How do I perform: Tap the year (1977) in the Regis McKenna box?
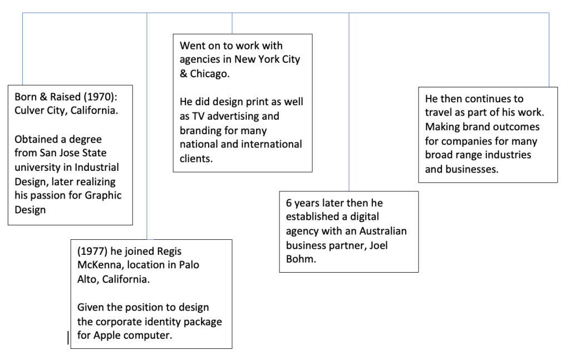92,251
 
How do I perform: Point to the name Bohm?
300,259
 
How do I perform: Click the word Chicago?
209,74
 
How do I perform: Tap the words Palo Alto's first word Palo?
189,265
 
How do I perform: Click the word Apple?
106,336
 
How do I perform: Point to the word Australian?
383,231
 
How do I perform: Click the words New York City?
267,60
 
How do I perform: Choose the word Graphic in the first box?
103,195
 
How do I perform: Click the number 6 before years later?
289,203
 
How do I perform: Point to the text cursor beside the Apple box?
68,338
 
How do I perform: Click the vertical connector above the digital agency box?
349,102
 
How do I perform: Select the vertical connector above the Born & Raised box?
22,49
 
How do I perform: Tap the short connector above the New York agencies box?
232,23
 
